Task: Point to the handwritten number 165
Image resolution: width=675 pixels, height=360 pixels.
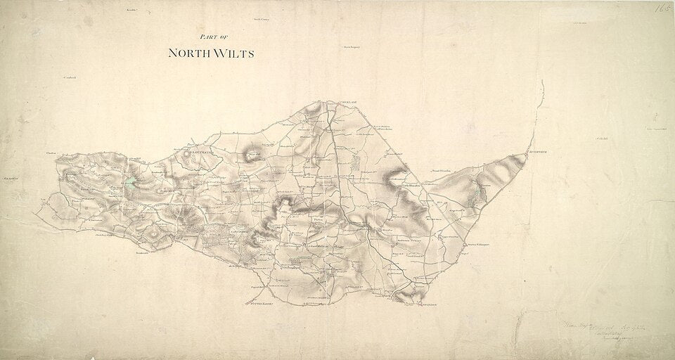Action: click(662, 9)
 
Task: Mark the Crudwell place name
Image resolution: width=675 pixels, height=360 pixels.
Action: click(68, 76)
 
